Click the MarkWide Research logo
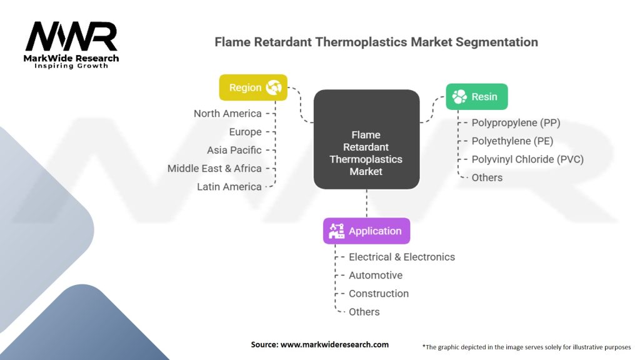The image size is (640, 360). click(x=72, y=45)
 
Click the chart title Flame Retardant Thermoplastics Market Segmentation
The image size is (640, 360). click(x=376, y=42)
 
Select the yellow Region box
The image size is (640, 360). click(x=253, y=87)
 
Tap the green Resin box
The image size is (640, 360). click(x=476, y=97)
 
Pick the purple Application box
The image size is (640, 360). click(x=366, y=231)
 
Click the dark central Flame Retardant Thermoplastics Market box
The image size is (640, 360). click(x=366, y=139)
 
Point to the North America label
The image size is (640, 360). click(x=227, y=114)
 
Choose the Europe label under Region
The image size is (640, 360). click(x=245, y=132)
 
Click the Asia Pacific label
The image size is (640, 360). click(x=234, y=150)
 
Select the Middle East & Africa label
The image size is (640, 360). click(x=214, y=168)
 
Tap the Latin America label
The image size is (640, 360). click(x=229, y=187)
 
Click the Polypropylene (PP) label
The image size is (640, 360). click(x=516, y=122)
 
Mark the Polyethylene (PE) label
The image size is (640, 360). click(x=512, y=141)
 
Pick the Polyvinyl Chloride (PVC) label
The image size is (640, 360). click(x=527, y=159)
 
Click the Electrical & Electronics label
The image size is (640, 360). click(x=402, y=257)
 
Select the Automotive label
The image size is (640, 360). click(x=376, y=276)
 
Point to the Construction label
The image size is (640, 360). click(x=379, y=294)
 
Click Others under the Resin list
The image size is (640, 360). click(x=487, y=177)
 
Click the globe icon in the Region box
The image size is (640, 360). click(x=274, y=87)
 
